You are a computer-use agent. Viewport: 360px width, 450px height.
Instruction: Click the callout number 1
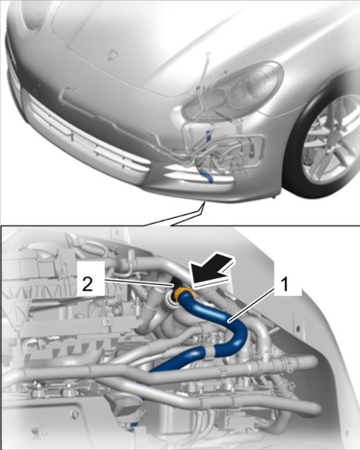pos(284,285)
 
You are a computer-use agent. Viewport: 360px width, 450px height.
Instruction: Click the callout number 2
pos(87,285)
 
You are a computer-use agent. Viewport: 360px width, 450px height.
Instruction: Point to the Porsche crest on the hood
pos(110,55)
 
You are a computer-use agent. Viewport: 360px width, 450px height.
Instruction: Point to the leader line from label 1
pos(251,305)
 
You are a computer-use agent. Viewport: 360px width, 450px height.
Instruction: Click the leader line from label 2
pos(139,283)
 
